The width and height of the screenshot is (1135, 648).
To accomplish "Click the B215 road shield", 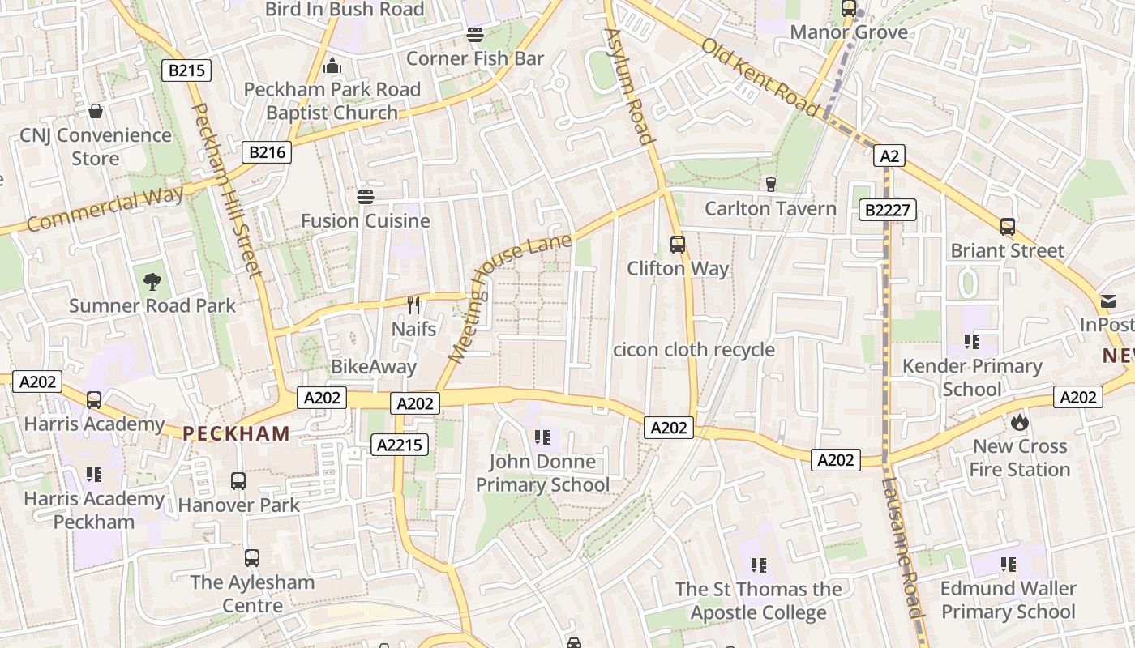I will click(x=186, y=70).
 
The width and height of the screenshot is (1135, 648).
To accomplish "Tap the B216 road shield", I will click(x=267, y=151).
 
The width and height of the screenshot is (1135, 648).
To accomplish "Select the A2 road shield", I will click(x=889, y=156).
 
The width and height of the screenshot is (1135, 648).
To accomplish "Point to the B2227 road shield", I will click(x=888, y=211).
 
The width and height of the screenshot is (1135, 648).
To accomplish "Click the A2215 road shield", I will click(x=399, y=444).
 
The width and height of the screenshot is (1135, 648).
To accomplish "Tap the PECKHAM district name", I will click(x=237, y=433).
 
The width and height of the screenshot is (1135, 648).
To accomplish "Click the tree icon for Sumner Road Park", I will click(x=152, y=282).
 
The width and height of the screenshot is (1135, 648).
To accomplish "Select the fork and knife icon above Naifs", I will click(x=414, y=305).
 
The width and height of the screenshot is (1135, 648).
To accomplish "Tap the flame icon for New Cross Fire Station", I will click(x=1019, y=422).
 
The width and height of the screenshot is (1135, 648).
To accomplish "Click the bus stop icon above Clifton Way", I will click(x=678, y=244).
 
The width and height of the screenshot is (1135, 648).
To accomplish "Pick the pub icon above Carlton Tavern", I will click(x=770, y=185).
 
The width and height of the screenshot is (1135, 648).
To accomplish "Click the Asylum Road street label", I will click(x=630, y=86).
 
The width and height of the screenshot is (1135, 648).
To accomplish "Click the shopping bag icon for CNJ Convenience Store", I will click(x=96, y=111).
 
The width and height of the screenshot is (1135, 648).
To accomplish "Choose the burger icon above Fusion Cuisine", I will click(x=366, y=196).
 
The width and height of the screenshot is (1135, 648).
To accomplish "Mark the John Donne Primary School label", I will click(x=542, y=473).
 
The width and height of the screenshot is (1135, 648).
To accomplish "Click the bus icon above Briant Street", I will click(x=1008, y=227).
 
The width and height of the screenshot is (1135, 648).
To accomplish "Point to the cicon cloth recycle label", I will click(x=694, y=350).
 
